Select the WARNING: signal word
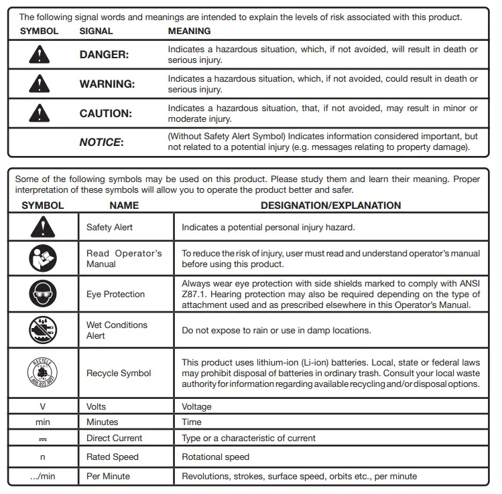click(107, 84)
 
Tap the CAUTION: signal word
click(106, 114)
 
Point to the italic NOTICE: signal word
click(101, 142)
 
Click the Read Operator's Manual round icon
click(43, 258)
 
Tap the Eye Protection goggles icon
click(43, 294)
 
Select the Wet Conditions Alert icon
click(43, 330)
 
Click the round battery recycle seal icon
click(43, 372)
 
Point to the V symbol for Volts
click(43, 406)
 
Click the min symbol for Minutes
click(43, 422)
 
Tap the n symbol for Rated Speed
click(43, 457)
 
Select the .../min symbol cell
click(43, 476)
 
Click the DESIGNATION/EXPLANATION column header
click(330, 205)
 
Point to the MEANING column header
click(189, 31)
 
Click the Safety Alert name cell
click(109, 228)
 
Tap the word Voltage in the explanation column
click(196, 406)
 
